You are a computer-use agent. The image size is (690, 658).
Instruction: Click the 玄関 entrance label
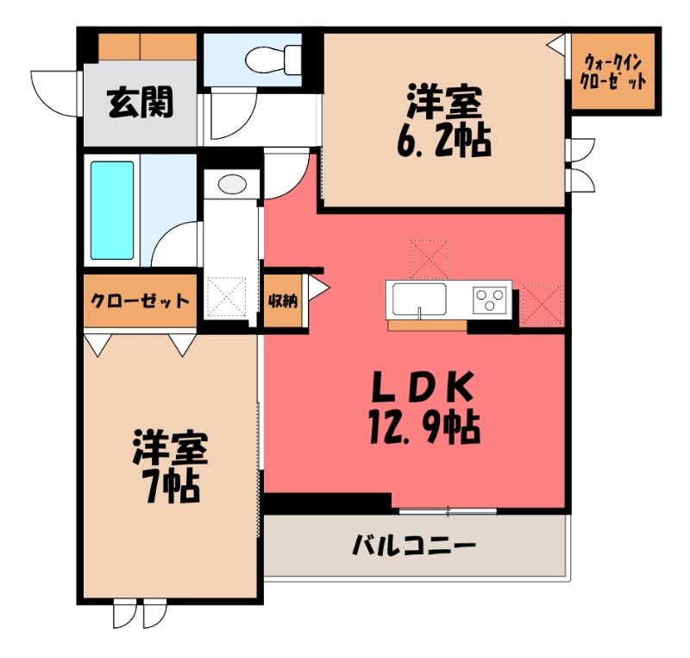(x=140, y=103)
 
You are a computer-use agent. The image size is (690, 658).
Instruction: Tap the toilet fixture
(x=273, y=58)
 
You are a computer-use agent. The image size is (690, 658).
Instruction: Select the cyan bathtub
(x=112, y=211)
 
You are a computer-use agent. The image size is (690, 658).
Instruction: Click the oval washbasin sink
(x=232, y=184)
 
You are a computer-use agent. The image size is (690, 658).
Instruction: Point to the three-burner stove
(x=489, y=299)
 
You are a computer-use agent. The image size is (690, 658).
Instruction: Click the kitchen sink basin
(x=419, y=299)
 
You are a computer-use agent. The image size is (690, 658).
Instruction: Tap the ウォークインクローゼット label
(x=613, y=73)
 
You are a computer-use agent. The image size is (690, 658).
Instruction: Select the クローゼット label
(x=140, y=301)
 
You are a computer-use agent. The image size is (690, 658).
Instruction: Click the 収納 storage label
(x=283, y=301)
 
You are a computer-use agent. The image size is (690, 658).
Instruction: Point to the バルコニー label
(x=414, y=546)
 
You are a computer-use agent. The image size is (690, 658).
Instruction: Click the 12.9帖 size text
(x=424, y=427)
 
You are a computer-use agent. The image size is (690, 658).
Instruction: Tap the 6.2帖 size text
(x=443, y=141)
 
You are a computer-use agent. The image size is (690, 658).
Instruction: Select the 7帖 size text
(x=172, y=487)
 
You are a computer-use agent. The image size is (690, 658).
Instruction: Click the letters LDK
(x=423, y=387)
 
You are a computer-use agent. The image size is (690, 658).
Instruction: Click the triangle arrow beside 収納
(x=317, y=288)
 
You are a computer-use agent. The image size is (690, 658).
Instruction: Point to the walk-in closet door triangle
(x=556, y=45)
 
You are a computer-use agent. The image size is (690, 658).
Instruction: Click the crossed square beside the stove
(x=542, y=306)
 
